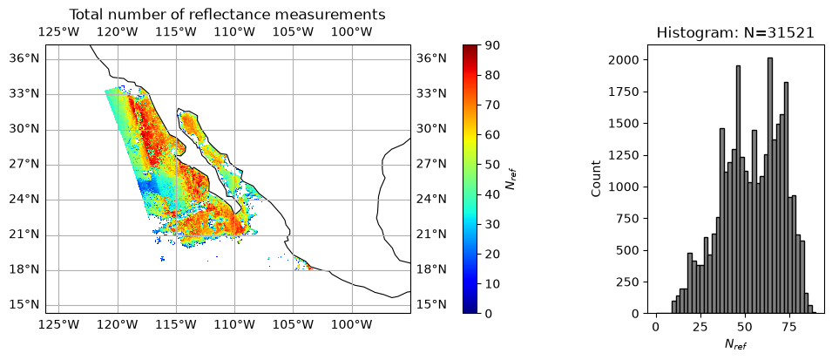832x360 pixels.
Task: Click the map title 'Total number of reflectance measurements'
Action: coord(227,14)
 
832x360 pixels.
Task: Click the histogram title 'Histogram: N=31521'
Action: coord(735,32)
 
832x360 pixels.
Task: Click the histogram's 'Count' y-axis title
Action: coord(597,179)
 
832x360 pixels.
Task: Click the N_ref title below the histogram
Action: coord(735,344)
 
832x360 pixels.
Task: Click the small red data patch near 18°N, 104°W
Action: coord(308,268)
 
